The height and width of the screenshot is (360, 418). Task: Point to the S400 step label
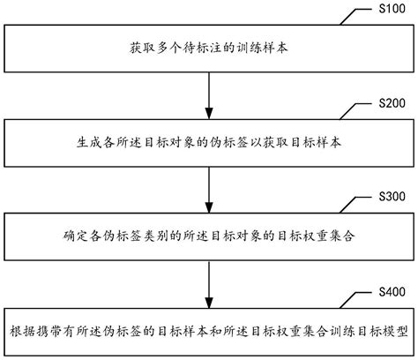coord(392,290)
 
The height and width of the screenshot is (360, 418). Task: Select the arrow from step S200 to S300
coord(208,185)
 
